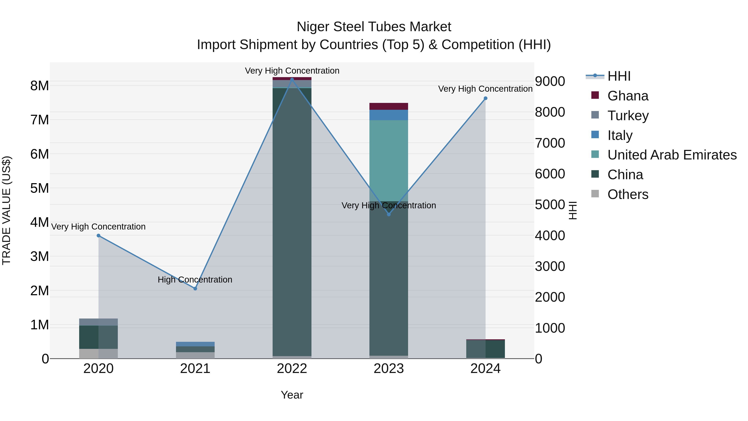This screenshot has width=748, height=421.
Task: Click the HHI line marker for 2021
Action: (195, 289)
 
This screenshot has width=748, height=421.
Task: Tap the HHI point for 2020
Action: (98, 236)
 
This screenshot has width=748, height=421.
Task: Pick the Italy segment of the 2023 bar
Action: (389, 115)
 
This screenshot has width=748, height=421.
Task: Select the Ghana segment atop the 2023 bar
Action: (389, 106)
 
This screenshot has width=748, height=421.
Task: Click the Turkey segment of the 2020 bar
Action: (98, 322)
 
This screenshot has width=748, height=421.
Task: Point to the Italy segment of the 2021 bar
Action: (195, 344)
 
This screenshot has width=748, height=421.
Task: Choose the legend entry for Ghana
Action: (627, 96)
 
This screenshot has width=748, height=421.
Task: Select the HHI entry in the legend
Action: (619, 76)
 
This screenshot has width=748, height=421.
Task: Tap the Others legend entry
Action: (627, 194)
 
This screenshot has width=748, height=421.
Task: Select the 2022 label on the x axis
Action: (292, 369)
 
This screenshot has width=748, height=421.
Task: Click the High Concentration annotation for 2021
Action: (195, 279)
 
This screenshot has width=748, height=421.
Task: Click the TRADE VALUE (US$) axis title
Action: (6, 210)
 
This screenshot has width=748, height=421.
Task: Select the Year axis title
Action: (292, 395)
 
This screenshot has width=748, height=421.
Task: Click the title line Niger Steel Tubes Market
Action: (374, 27)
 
